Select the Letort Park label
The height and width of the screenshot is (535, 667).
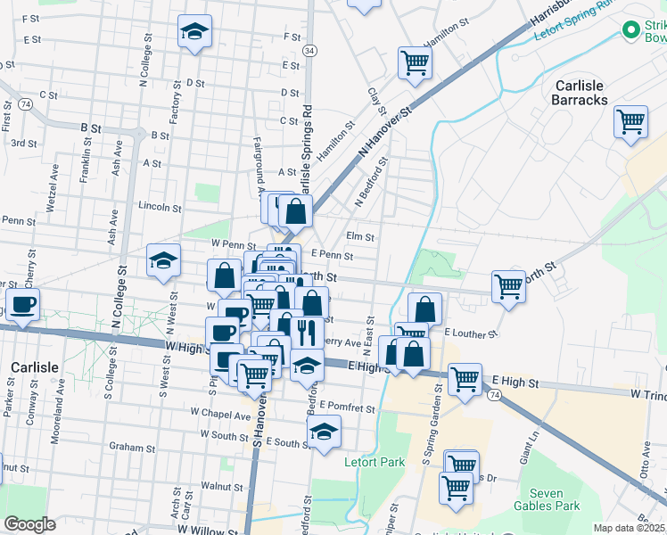coord(375,462)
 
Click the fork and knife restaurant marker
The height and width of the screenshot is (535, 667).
coord(306,331)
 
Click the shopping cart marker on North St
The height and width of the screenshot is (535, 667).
coord(508,286)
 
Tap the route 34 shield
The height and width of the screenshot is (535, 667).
coord(309,52)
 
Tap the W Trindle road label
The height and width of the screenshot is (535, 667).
coord(647,392)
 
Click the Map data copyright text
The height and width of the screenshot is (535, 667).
coord(630,528)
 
